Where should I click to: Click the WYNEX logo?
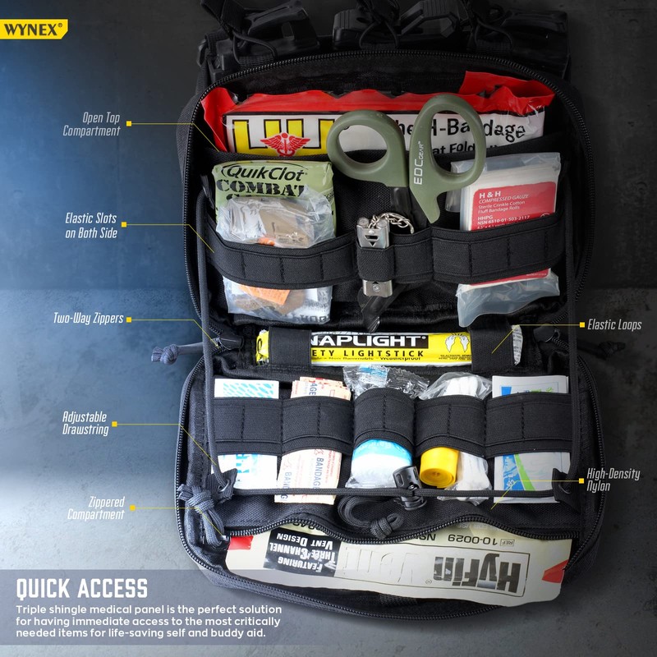33,30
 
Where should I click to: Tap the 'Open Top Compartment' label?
91,125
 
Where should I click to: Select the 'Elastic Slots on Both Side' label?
91,226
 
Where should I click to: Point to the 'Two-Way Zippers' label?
88,319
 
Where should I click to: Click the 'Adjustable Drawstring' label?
85,424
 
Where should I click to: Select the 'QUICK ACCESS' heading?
82,588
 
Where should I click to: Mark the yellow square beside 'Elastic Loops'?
578,325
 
